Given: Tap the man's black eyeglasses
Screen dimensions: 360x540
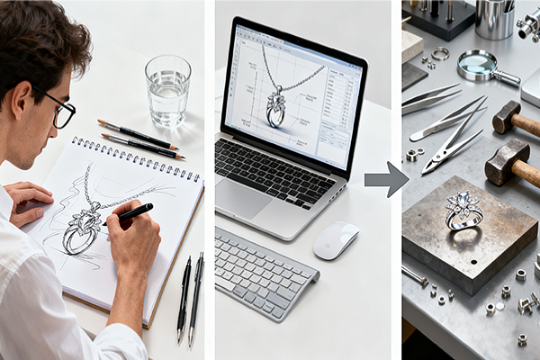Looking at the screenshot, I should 61,111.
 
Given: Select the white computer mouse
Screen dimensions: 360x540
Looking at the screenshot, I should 336,240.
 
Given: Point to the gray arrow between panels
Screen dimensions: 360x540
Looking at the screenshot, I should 386,178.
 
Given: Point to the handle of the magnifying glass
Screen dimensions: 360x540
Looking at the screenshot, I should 508,80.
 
